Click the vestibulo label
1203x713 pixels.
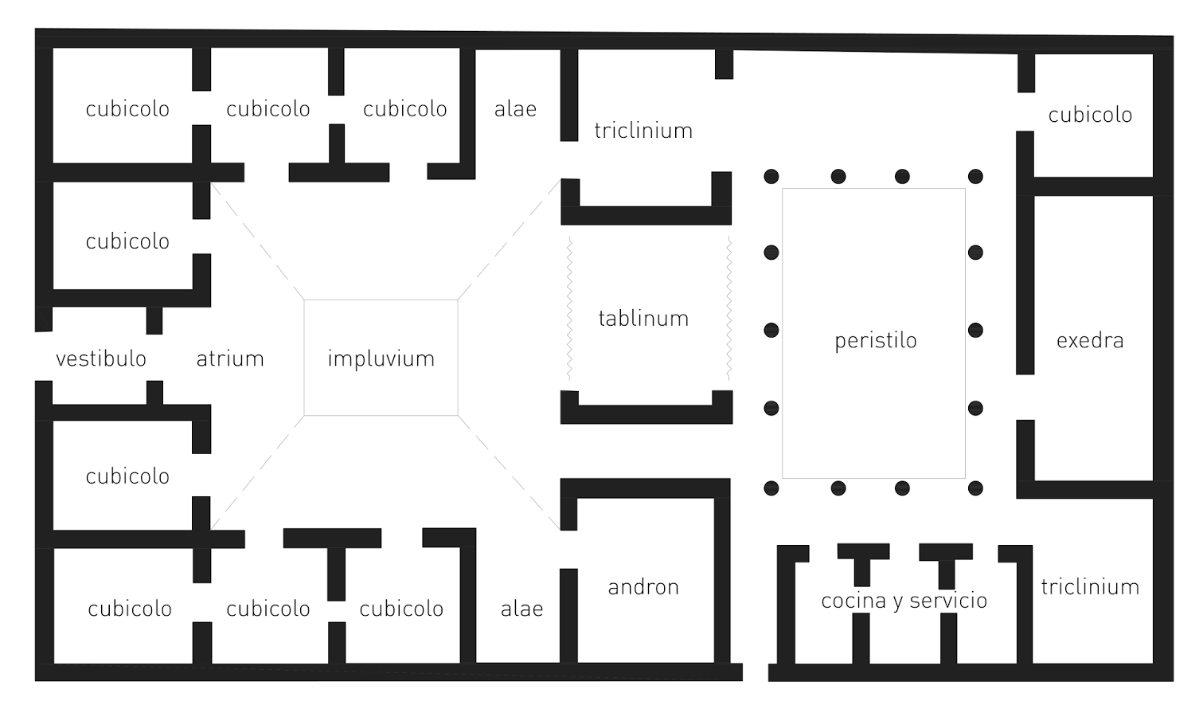101,359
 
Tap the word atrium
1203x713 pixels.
230,359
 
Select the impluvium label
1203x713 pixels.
381,359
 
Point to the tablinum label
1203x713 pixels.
643,319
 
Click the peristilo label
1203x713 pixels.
875,341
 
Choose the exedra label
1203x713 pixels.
1090,341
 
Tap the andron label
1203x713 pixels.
643,587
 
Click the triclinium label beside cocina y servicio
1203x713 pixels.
1090,587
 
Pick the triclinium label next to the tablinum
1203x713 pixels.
643,131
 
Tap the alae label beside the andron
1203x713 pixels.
521,609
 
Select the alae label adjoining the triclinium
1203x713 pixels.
515,109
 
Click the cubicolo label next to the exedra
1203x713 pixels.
1090,115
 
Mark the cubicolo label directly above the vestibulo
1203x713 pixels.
127,241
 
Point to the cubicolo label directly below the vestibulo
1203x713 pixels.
127,476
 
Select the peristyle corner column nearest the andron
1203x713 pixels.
771,488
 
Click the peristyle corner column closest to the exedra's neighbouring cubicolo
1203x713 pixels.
975,177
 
